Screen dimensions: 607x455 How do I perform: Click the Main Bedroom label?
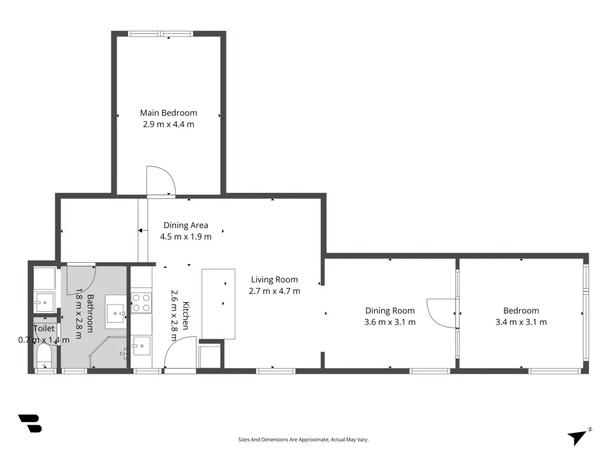(168, 113)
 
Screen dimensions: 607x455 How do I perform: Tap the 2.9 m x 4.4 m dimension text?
(168, 124)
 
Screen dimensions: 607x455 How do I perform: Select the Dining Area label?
(186, 225)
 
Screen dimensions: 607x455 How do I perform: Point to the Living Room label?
(274, 280)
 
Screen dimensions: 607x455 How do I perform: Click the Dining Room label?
(390, 311)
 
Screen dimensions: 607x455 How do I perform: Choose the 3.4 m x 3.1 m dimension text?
(521, 322)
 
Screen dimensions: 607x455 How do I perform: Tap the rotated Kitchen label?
(185, 315)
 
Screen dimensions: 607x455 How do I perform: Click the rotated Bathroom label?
(90, 314)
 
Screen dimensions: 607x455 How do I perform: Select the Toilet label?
(44, 328)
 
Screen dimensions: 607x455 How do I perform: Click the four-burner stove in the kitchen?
(141, 303)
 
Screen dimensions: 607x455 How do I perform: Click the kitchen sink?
(141, 346)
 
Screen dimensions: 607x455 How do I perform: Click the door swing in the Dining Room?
(442, 313)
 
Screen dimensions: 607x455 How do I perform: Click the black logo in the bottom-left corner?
(30, 423)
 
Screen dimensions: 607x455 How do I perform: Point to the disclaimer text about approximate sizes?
(303, 439)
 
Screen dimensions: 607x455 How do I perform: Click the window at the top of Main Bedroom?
(161, 33)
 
